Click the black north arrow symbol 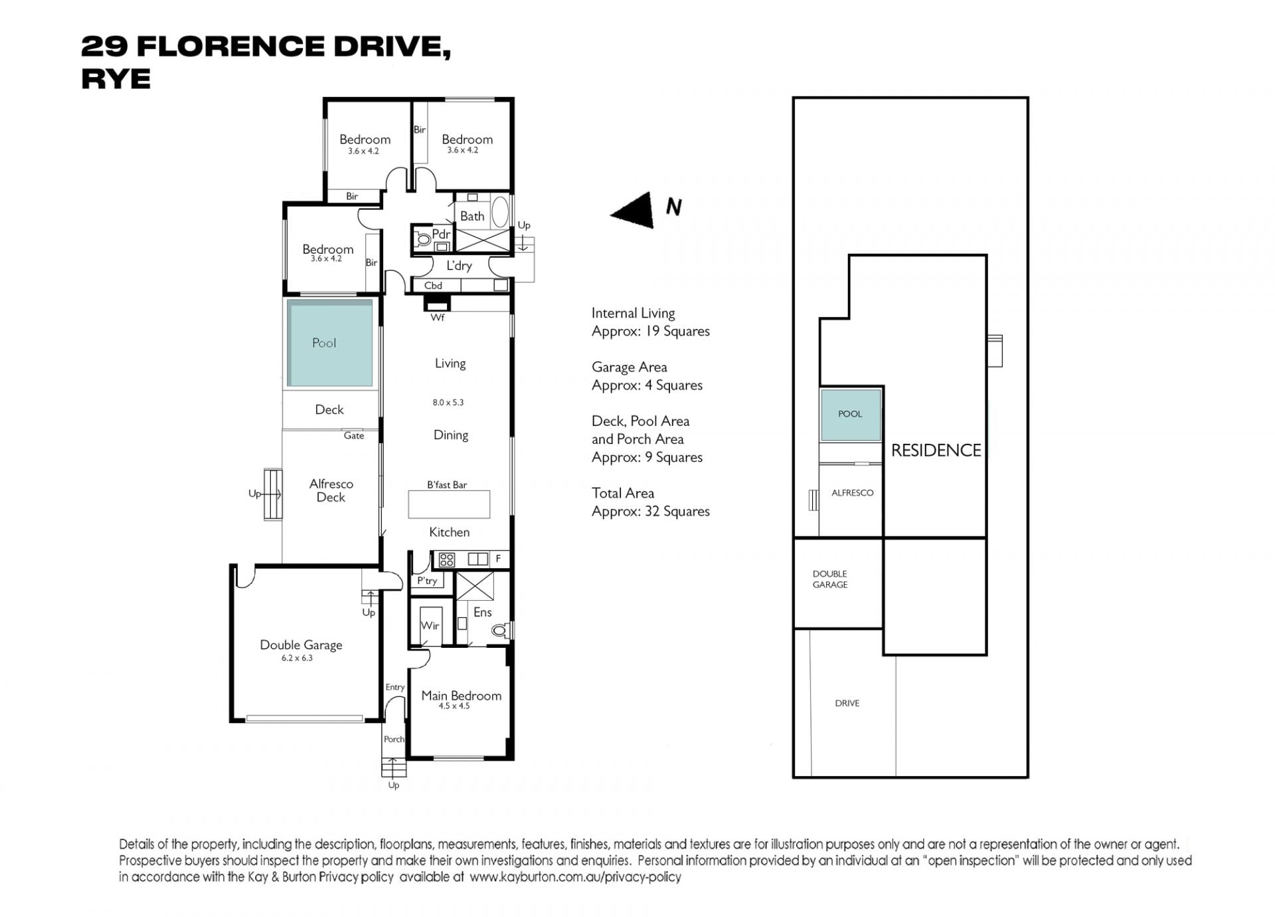click(636, 211)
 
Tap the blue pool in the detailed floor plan click(330, 343)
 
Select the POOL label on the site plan click(850, 414)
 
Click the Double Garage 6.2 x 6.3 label click(301, 650)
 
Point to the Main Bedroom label click(461, 696)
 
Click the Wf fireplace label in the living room click(437, 318)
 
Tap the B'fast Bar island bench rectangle click(449, 504)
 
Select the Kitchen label click(450, 532)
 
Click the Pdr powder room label click(441, 234)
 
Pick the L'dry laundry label click(459, 266)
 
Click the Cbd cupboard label click(433, 286)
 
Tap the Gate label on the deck click(354, 436)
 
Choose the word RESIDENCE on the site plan click(936, 451)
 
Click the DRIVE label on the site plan click(847, 703)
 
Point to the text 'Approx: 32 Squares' click(651, 512)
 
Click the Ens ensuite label click(483, 612)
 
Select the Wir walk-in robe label click(430, 625)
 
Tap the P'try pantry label click(427, 581)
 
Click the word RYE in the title click(116, 79)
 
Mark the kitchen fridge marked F click(499, 559)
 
